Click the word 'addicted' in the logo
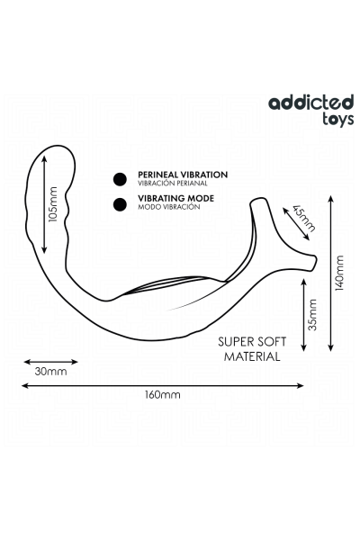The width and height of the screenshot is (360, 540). pyautogui.click(x=311, y=103)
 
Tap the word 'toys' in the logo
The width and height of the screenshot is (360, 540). pyautogui.click(x=338, y=119)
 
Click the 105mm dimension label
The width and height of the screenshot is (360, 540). pyautogui.click(x=53, y=204)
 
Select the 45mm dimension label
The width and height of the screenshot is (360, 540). pyautogui.click(x=303, y=219)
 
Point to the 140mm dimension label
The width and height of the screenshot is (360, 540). pyautogui.click(x=339, y=273)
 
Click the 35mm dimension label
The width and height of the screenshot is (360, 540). pyautogui.click(x=312, y=315)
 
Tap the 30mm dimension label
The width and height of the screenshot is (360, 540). pyautogui.click(x=51, y=372)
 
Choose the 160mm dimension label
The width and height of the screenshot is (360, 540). pyautogui.click(x=162, y=394)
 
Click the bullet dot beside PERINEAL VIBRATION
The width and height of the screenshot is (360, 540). pyautogui.click(x=120, y=179)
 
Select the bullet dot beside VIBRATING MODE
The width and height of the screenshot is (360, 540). pyautogui.click(x=120, y=204)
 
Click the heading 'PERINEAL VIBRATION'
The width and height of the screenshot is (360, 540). pyautogui.click(x=183, y=175)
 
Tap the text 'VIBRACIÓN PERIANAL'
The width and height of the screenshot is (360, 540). pyautogui.click(x=173, y=184)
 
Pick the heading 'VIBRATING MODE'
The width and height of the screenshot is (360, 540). pyautogui.click(x=175, y=198)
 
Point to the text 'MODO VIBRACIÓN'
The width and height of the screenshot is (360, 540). pyautogui.click(x=169, y=207)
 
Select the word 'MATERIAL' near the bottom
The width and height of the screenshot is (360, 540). pyautogui.click(x=252, y=356)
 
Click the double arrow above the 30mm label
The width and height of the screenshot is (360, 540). pyautogui.click(x=50, y=362)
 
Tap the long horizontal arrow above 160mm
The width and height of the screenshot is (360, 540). pyautogui.click(x=163, y=386)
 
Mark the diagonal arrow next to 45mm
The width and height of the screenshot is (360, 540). pyautogui.click(x=295, y=223)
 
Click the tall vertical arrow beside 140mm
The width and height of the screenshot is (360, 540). pyautogui.click(x=330, y=273)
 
